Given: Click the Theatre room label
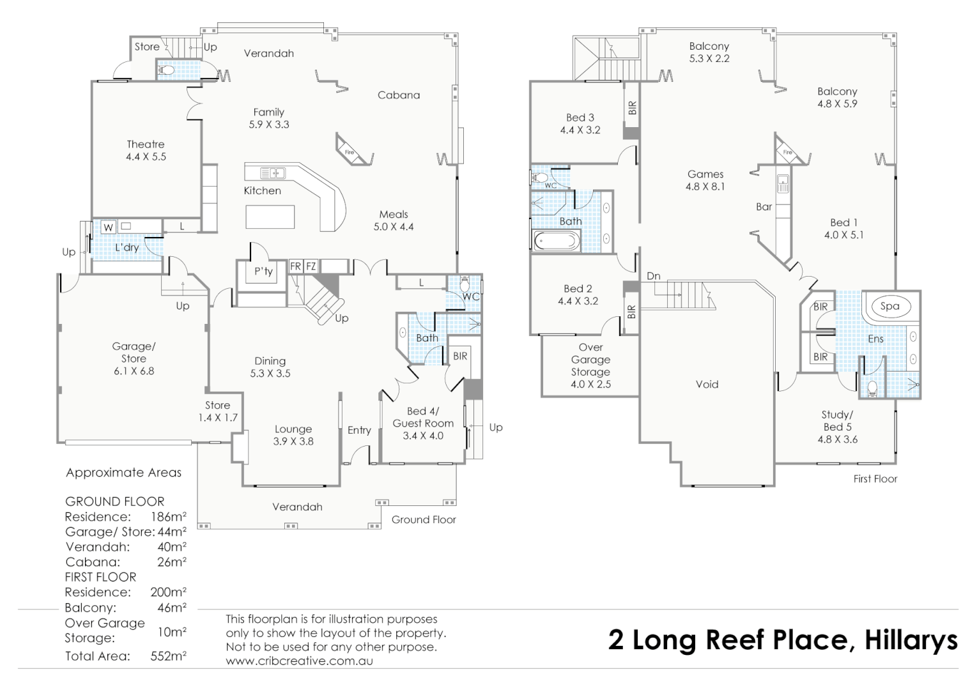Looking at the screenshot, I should click(145, 144).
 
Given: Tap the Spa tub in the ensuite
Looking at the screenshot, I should click(889, 306).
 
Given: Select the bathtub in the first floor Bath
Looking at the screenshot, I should click(557, 241).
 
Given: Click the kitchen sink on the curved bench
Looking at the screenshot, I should click(273, 172).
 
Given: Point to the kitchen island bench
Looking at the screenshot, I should click(270, 217).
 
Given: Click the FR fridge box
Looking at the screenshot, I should click(295, 266).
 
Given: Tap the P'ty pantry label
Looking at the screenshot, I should click(263, 272).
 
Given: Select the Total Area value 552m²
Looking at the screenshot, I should click(168, 656).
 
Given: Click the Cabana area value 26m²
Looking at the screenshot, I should click(171, 562).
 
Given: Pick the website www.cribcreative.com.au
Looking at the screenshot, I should click(299, 661).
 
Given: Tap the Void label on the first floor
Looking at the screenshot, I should click(707, 384).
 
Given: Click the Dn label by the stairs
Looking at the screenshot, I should click(653, 276).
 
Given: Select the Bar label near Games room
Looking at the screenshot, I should click(764, 206).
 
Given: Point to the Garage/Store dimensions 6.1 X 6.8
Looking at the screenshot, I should click(134, 371).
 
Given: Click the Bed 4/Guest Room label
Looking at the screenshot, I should click(423, 417).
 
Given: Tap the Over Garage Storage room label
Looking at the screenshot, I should click(590, 360).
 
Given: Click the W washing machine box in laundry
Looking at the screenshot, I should click(108, 227).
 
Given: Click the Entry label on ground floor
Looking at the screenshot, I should click(359, 430).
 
